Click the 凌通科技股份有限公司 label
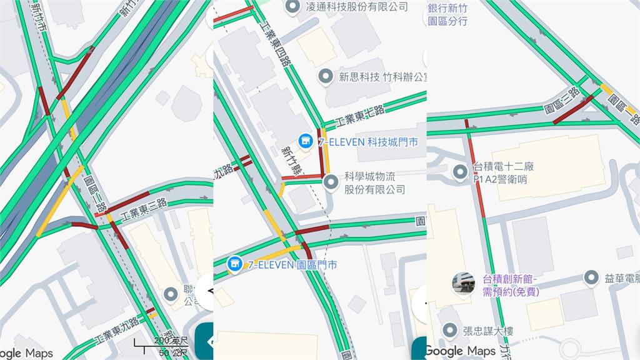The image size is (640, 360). pyautogui.click(x=357, y=7)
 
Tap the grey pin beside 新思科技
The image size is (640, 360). pyautogui.click(x=325, y=77)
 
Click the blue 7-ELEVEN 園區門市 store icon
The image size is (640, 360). pyautogui.click(x=234, y=264)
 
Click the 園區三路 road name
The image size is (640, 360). pyautogui.click(x=562, y=102)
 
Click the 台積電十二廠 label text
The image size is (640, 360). pyautogui.click(x=504, y=167)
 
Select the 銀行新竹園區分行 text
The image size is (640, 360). pyautogui.click(x=448, y=14)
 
